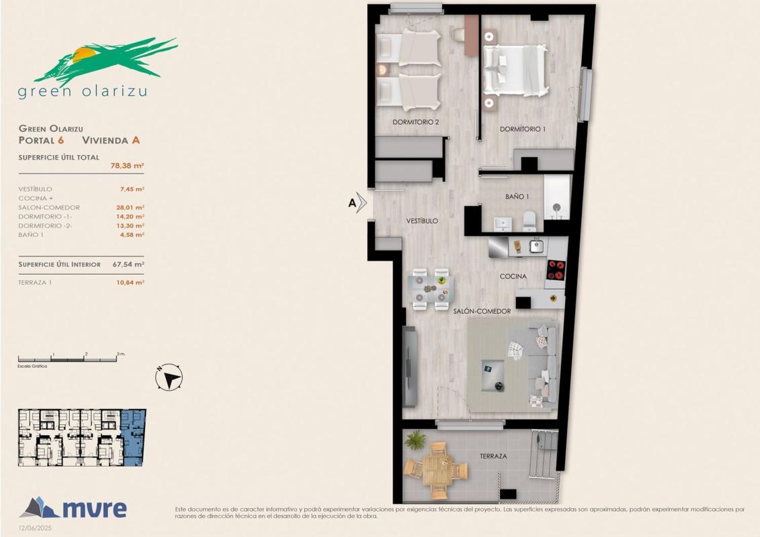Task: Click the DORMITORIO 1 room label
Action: coord(523,130)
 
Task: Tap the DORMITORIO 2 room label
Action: coord(415,123)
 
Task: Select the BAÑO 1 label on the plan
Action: coord(517,197)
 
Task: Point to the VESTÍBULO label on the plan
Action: coord(422,221)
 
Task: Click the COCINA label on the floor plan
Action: coord(513,277)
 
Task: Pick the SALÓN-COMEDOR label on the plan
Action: coord(482,311)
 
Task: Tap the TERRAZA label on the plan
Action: coord(493,456)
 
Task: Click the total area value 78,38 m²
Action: coord(127,166)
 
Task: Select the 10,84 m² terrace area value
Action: coord(130,283)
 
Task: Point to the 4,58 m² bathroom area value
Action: coord(132,235)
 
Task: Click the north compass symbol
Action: coord(169,377)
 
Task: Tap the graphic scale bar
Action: coord(67,359)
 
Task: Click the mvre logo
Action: coord(73,508)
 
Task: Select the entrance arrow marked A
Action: coord(357,203)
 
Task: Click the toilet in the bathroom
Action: coord(530,221)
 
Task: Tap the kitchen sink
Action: coord(536,246)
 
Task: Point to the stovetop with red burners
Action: coord(556,271)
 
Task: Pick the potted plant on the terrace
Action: coord(415,440)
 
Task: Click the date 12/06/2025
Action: coord(35,528)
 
